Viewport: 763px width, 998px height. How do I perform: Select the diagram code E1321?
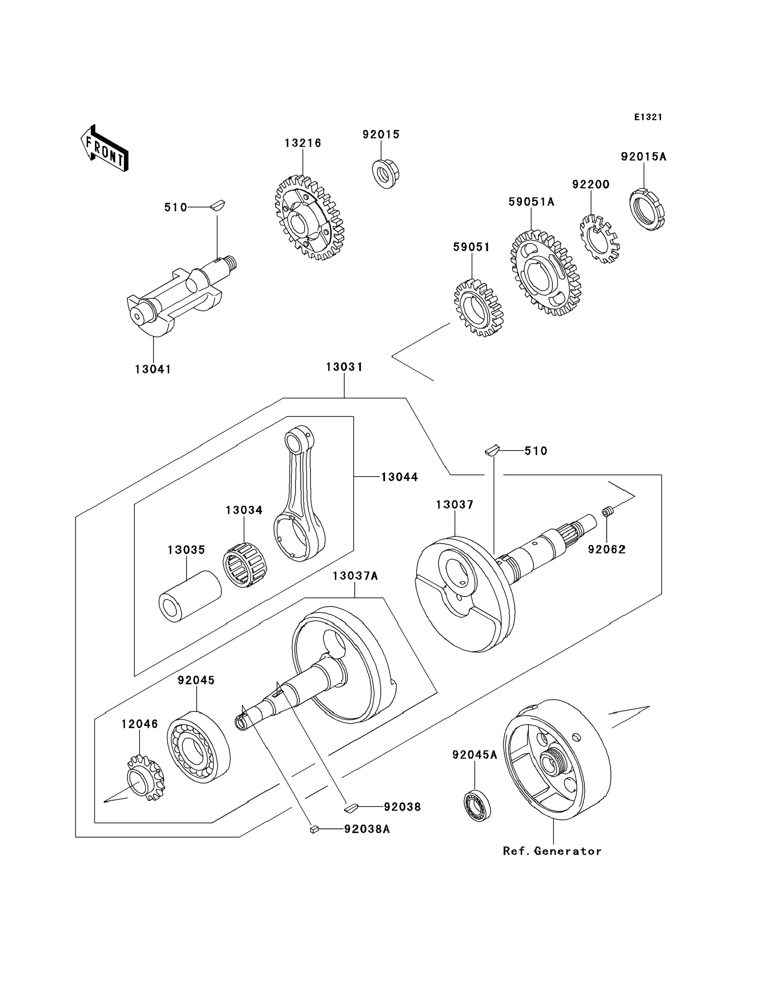[x=648, y=117]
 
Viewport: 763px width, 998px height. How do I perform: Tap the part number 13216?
[x=303, y=143]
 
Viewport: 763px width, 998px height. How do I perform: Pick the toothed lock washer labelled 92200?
[x=600, y=238]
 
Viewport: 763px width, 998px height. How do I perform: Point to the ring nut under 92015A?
[x=647, y=210]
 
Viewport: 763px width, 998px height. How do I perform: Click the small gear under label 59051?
[x=479, y=308]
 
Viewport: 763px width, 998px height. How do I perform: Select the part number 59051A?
[x=531, y=202]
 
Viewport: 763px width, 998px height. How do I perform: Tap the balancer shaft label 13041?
[x=153, y=369]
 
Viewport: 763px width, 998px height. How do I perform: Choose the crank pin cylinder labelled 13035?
[x=189, y=596]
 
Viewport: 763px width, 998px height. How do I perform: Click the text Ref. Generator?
[x=552, y=851]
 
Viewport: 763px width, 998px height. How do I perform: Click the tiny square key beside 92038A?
[x=313, y=829]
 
